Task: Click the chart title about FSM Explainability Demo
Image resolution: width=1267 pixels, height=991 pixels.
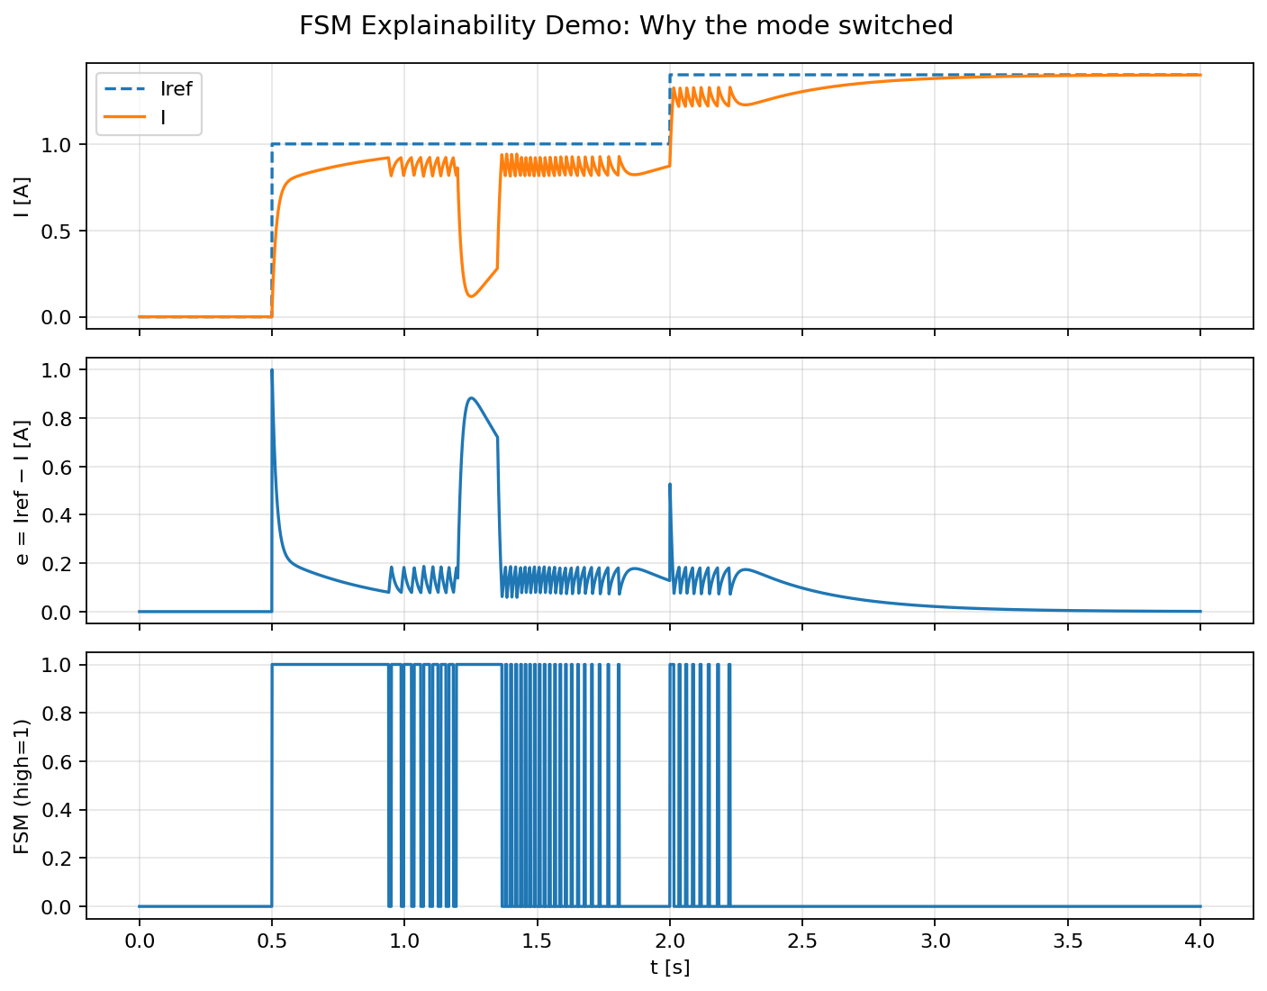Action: pos(626,26)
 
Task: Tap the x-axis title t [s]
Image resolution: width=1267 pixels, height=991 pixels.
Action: pos(669,968)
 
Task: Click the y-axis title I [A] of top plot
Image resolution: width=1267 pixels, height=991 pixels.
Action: pos(22,195)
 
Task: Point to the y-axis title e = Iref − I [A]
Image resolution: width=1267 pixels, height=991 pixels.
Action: pos(22,490)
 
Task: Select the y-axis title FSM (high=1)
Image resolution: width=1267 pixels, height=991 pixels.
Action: pos(22,786)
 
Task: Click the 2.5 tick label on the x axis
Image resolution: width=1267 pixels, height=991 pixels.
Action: pos(802,941)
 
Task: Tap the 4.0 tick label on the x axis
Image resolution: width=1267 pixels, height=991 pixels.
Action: pos(1200,941)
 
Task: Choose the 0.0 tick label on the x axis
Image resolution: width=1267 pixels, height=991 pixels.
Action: pos(139,941)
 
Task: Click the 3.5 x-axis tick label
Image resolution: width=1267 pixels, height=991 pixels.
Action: pos(1068,941)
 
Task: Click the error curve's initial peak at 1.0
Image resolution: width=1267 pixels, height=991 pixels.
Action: pos(272,370)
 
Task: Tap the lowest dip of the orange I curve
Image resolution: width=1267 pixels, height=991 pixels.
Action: pos(471,296)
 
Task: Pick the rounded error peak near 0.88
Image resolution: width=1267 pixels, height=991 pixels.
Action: pos(472,398)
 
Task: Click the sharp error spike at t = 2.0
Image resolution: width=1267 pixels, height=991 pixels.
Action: pos(670,485)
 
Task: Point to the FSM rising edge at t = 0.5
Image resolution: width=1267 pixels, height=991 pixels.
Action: pos(272,784)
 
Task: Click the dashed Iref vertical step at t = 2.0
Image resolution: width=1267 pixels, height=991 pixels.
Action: pos(670,108)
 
